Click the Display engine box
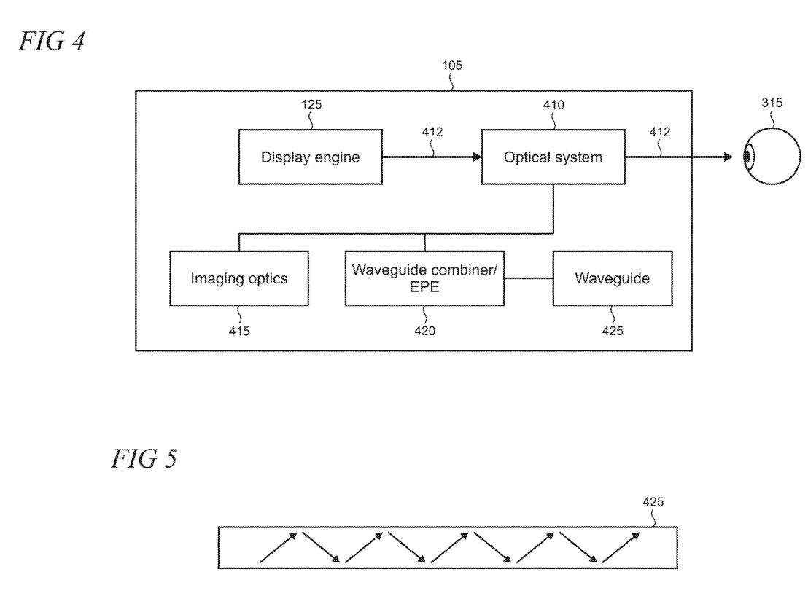310,157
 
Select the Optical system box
553,157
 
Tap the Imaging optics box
238,278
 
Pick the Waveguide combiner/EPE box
425,278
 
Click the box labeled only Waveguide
612,278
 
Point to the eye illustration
755,157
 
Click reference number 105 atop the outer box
452,66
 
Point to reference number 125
311,104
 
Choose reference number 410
553,104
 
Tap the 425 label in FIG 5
653,503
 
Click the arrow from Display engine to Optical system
430,157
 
